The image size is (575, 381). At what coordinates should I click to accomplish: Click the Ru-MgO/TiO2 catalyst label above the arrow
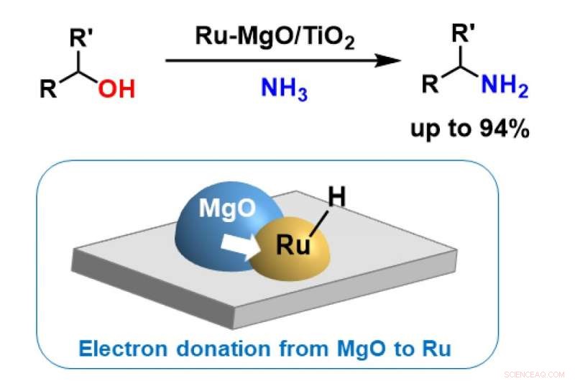point(272,37)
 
